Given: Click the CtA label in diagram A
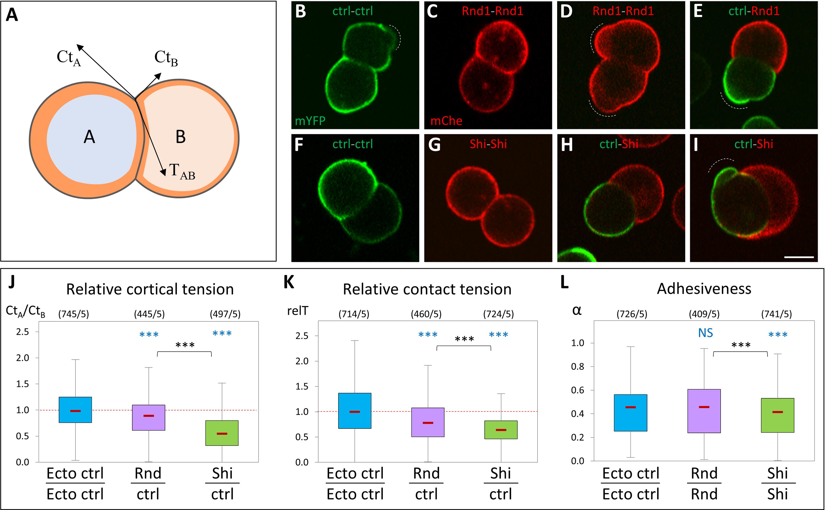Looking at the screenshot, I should coord(69,58).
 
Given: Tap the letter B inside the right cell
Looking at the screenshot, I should coord(181,137).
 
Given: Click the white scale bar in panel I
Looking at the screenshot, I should coord(799,257).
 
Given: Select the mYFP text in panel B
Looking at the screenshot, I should coord(310,120).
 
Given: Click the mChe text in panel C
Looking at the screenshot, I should coord(446,120).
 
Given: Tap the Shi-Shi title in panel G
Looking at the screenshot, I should coord(488,144).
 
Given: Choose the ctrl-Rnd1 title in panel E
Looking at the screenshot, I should coord(754,11).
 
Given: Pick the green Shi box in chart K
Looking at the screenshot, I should coord(501,430).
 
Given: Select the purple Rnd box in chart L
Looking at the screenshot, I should coord(704,411).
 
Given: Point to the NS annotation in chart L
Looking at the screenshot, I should coord(705,333).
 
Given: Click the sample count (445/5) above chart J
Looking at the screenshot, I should coord(149,314).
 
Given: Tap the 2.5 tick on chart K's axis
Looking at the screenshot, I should coord(302,336).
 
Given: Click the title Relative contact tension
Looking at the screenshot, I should coord(427,289).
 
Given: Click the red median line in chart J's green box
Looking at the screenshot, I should coord(222,433).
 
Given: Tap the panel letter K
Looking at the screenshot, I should coord(289,282).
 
